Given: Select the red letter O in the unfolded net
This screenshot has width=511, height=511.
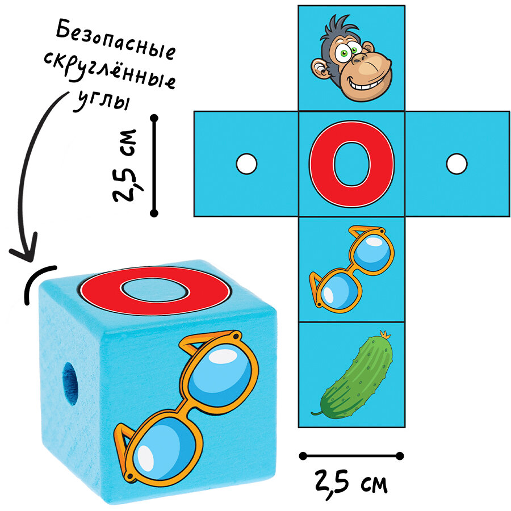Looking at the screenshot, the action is pyautogui.click(x=351, y=164).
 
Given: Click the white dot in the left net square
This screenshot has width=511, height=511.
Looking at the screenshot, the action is pyautogui.click(x=246, y=164).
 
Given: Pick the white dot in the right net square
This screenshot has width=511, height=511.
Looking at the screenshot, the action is pyautogui.click(x=456, y=164).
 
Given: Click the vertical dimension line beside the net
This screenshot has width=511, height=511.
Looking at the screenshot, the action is pyautogui.click(x=154, y=165).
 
